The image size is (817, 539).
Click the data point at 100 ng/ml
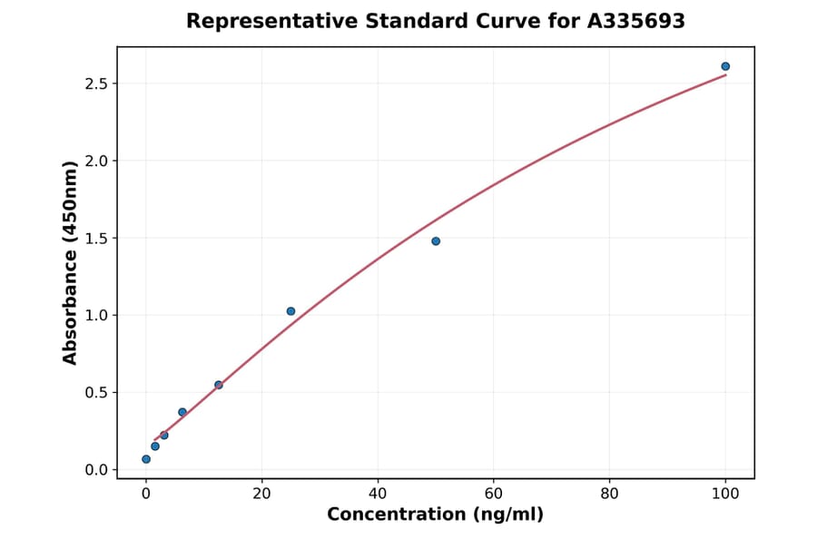tap(725, 66)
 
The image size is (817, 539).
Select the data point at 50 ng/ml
tap(436, 241)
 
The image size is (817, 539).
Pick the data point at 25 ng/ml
tap(290, 311)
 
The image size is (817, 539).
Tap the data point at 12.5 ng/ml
tap(219, 385)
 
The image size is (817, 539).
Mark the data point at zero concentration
tap(146, 459)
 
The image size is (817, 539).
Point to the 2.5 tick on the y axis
tap(96, 83)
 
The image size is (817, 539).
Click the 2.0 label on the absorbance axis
tap(96, 161)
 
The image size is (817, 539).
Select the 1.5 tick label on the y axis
tap(96, 238)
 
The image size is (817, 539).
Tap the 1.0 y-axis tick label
tap(96, 315)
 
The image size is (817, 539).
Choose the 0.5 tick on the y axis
tap(96, 393)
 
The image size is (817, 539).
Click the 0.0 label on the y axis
tap(96, 470)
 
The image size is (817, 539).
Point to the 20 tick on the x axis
tap(261, 494)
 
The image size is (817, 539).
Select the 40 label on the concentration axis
tap(378, 494)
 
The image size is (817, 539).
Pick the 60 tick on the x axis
tap(494, 494)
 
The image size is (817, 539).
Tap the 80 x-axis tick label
tap(610, 494)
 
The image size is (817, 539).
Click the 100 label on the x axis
tap(725, 494)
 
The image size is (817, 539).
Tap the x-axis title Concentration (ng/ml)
tap(435, 515)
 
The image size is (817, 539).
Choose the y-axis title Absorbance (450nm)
tap(71, 263)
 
